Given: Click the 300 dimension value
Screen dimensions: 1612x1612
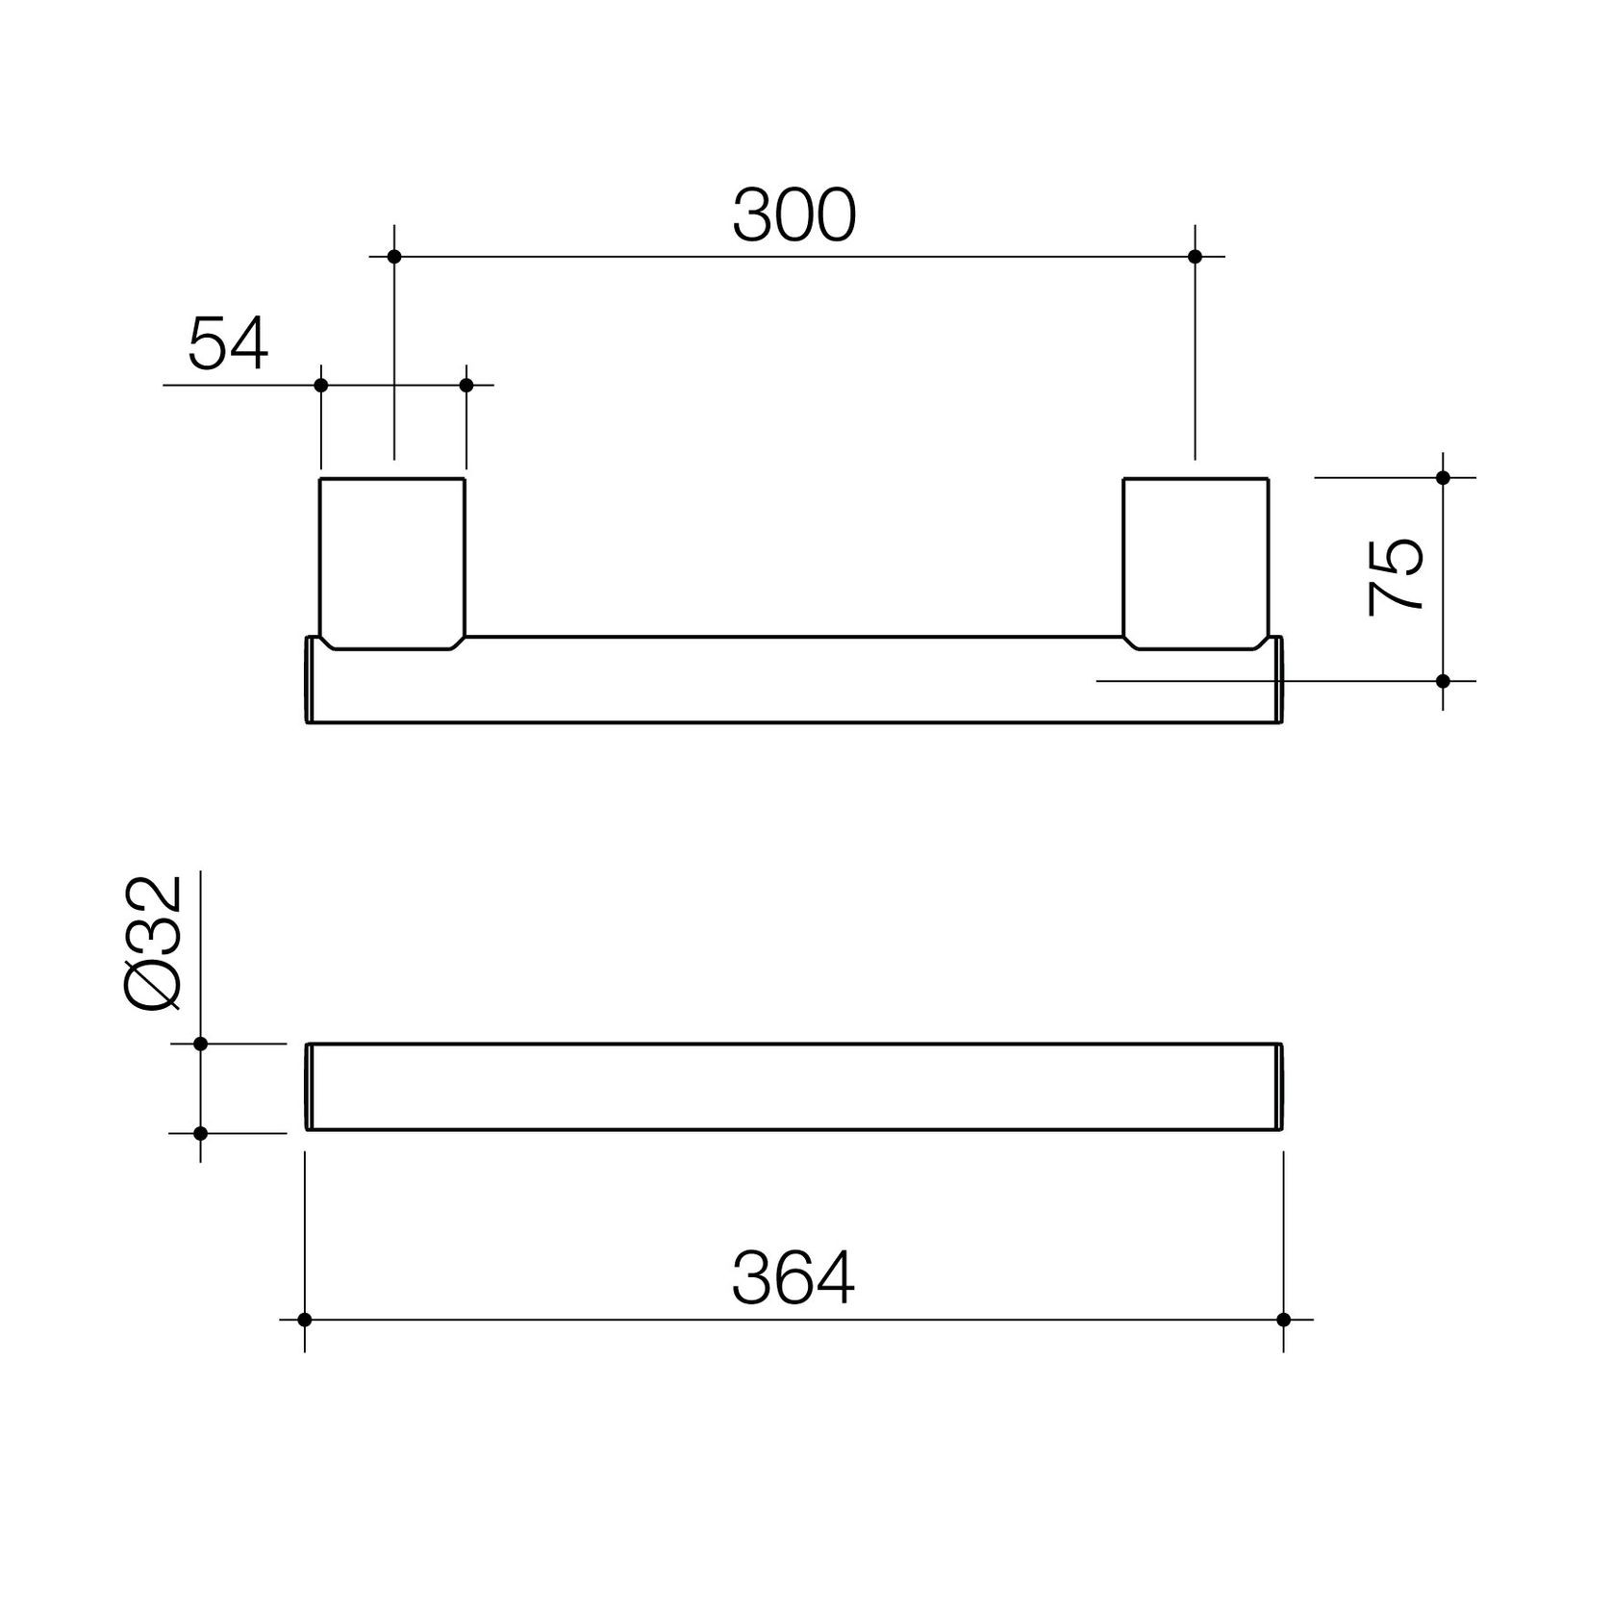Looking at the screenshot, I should [793, 215].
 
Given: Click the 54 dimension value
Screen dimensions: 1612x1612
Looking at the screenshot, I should [228, 344].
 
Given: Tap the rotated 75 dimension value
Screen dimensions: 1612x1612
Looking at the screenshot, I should [1397, 577].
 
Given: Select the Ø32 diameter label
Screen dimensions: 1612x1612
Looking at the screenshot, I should [154, 944].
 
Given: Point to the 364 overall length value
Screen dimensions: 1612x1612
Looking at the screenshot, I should [793, 1279].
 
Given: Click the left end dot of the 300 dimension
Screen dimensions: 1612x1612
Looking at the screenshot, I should [393, 257].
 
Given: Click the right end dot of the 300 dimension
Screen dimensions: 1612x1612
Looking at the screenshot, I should [1196, 257].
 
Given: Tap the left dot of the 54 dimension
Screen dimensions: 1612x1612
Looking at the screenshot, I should [321, 385].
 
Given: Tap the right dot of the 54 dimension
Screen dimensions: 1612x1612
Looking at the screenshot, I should [466, 385].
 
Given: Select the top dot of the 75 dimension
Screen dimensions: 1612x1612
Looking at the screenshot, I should [1443, 477].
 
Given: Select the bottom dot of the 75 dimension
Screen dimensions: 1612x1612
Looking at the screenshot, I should [1443, 681].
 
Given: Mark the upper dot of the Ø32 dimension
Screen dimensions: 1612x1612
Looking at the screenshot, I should [201, 1044].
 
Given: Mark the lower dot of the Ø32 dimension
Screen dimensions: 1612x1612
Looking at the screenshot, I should [201, 1133].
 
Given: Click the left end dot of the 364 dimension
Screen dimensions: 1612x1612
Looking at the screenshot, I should [305, 1320].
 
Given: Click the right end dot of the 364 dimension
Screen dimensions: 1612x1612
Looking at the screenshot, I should [1283, 1320].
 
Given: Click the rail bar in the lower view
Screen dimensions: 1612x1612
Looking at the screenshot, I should [793, 1087].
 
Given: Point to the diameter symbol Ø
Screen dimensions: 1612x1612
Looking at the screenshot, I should [154, 986].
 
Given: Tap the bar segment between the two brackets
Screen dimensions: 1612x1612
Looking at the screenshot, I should [793, 679].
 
